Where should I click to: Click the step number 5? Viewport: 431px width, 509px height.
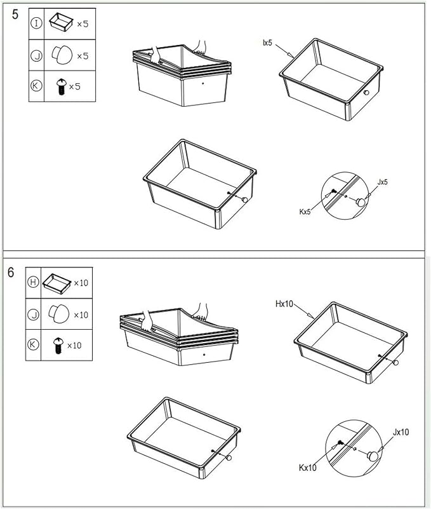tap(15, 15)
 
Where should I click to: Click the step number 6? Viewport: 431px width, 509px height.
tap(11, 273)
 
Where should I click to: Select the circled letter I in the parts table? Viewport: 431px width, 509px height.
tap(36, 24)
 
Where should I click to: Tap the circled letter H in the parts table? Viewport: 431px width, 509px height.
tap(33, 282)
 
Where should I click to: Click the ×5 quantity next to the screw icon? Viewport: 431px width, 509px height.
tap(75, 86)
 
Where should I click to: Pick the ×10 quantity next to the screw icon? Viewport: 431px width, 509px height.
tap(74, 346)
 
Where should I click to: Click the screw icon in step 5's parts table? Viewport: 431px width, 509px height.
tap(61, 86)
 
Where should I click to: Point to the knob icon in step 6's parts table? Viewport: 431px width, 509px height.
tap(58, 313)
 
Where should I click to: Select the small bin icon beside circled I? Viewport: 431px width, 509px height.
tap(61, 22)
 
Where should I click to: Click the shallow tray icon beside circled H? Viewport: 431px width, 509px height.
tap(56, 283)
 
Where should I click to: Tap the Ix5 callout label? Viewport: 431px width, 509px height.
tap(268, 43)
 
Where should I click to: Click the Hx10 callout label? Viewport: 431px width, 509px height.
tap(284, 304)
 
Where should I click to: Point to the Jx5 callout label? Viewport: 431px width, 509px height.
tap(383, 182)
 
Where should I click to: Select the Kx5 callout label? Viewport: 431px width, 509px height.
tap(305, 212)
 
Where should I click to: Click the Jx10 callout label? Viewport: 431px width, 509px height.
tap(401, 432)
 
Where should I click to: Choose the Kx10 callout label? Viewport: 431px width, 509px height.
tap(307, 468)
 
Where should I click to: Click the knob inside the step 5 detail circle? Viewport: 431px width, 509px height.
tap(361, 202)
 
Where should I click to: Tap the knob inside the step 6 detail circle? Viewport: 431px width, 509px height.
tap(373, 456)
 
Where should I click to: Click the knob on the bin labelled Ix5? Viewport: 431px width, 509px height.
tap(366, 93)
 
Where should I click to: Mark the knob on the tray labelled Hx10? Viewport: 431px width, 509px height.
tap(395, 363)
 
